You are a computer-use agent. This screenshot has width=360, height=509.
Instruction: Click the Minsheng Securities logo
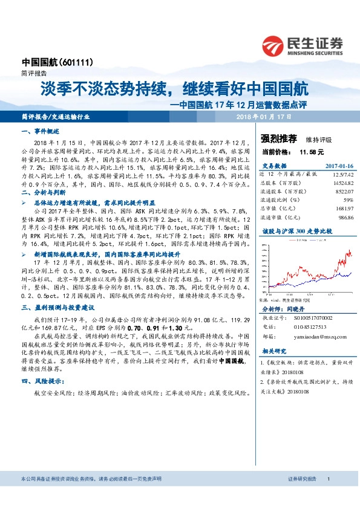302,46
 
